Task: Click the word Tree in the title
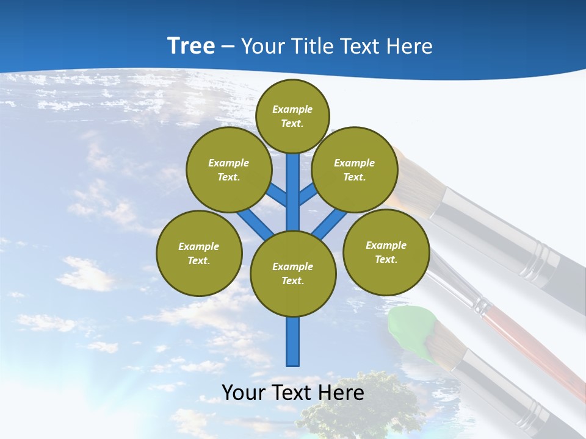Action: [191, 46]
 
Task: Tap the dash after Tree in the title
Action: [228, 46]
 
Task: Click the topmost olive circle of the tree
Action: [292, 116]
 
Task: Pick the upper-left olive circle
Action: [228, 170]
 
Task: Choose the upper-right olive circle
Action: [354, 170]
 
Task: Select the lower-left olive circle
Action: [199, 253]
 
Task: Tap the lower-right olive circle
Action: [386, 252]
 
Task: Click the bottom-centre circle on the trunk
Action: [293, 273]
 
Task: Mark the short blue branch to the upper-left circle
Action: [278, 195]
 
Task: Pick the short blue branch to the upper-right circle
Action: [308, 194]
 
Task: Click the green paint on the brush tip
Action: [410, 329]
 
